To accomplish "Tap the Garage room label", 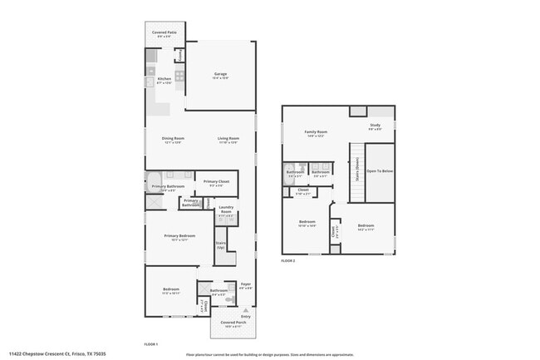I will (220, 74).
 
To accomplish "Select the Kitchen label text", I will (164, 79).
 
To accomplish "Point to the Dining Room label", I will (172, 138).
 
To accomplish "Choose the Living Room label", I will (228, 138).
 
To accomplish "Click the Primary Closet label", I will (212, 180).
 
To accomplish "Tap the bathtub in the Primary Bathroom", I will (154, 180).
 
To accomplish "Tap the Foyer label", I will (245, 284).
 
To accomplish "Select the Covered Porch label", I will (232, 323).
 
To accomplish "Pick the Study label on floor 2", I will (376, 126).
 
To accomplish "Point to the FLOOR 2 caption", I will (287, 261).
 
